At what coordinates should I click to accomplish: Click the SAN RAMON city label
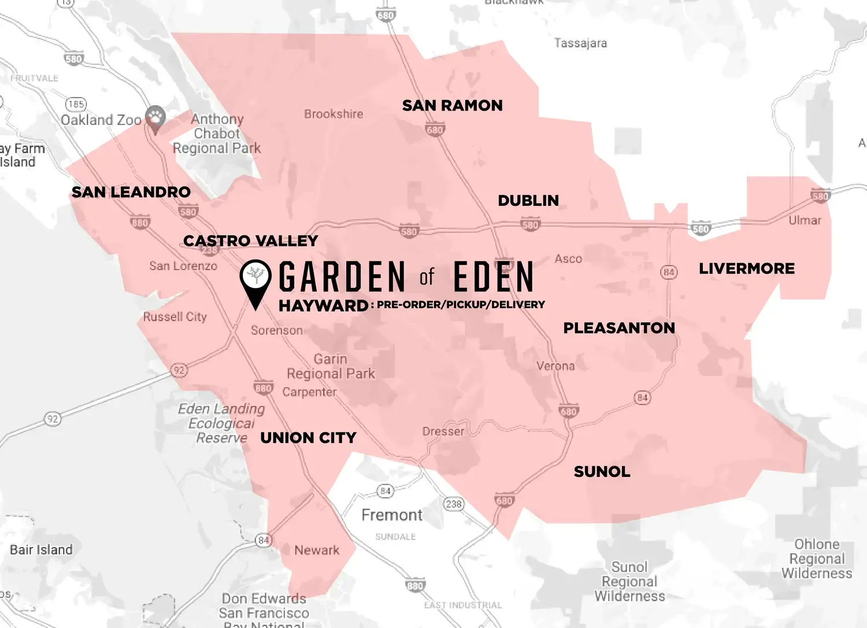pos(452,105)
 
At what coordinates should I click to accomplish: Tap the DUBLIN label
pos(528,201)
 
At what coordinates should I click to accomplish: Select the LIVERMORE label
pos(747,268)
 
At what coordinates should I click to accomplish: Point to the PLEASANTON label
pos(619,328)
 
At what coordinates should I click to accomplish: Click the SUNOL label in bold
pos(602,471)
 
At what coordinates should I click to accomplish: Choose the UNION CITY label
pos(308,438)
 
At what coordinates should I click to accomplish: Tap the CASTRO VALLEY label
pos(250,241)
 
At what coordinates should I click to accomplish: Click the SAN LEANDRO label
pos(131,192)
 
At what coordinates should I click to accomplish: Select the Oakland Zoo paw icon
pos(155,117)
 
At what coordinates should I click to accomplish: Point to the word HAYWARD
pos(323,305)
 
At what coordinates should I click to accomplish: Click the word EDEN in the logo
pos(493,277)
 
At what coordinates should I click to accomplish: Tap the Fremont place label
pos(392,515)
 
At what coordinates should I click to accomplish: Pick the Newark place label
pos(317,550)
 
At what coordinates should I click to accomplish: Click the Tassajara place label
pos(580,43)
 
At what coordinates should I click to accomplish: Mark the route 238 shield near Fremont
pos(454,504)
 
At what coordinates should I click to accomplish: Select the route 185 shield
pos(76,104)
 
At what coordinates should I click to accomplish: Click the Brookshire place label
pos(334,114)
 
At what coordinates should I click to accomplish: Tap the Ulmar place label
pos(805,220)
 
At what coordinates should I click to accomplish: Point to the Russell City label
pos(175,316)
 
